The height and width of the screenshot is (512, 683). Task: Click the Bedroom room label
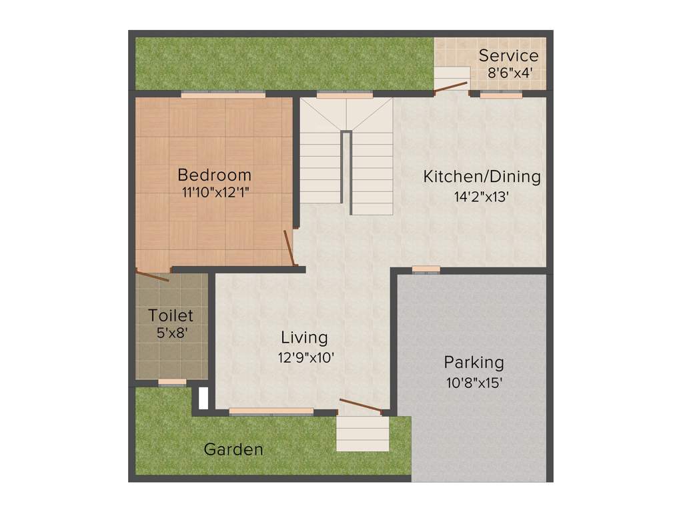click(x=214, y=175)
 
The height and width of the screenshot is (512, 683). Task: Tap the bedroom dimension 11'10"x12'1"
click(x=215, y=193)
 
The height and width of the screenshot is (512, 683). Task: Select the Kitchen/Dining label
click(x=482, y=177)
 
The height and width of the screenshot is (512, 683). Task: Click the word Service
click(x=508, y=55)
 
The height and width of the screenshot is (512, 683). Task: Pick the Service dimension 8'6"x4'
click(x=510, y=73)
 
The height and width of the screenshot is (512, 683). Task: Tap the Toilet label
click(x=171, y=315)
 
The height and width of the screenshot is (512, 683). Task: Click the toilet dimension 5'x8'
click(x=171, y=332)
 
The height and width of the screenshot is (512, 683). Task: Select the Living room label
click(x=304, y=337)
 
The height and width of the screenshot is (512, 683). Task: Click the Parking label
click(x=474, y=363)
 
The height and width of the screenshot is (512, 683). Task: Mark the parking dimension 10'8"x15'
click(x=474, y=383)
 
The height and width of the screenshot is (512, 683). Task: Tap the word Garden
click(x=233, y=449)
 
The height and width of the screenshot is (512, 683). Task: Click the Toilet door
click(x=153, y=275)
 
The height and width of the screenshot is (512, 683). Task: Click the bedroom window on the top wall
click(x=223, y=95)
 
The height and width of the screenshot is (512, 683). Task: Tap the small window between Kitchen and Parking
click(x=426, y=270)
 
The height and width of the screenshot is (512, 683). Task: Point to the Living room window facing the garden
click(x=271, y=412)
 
